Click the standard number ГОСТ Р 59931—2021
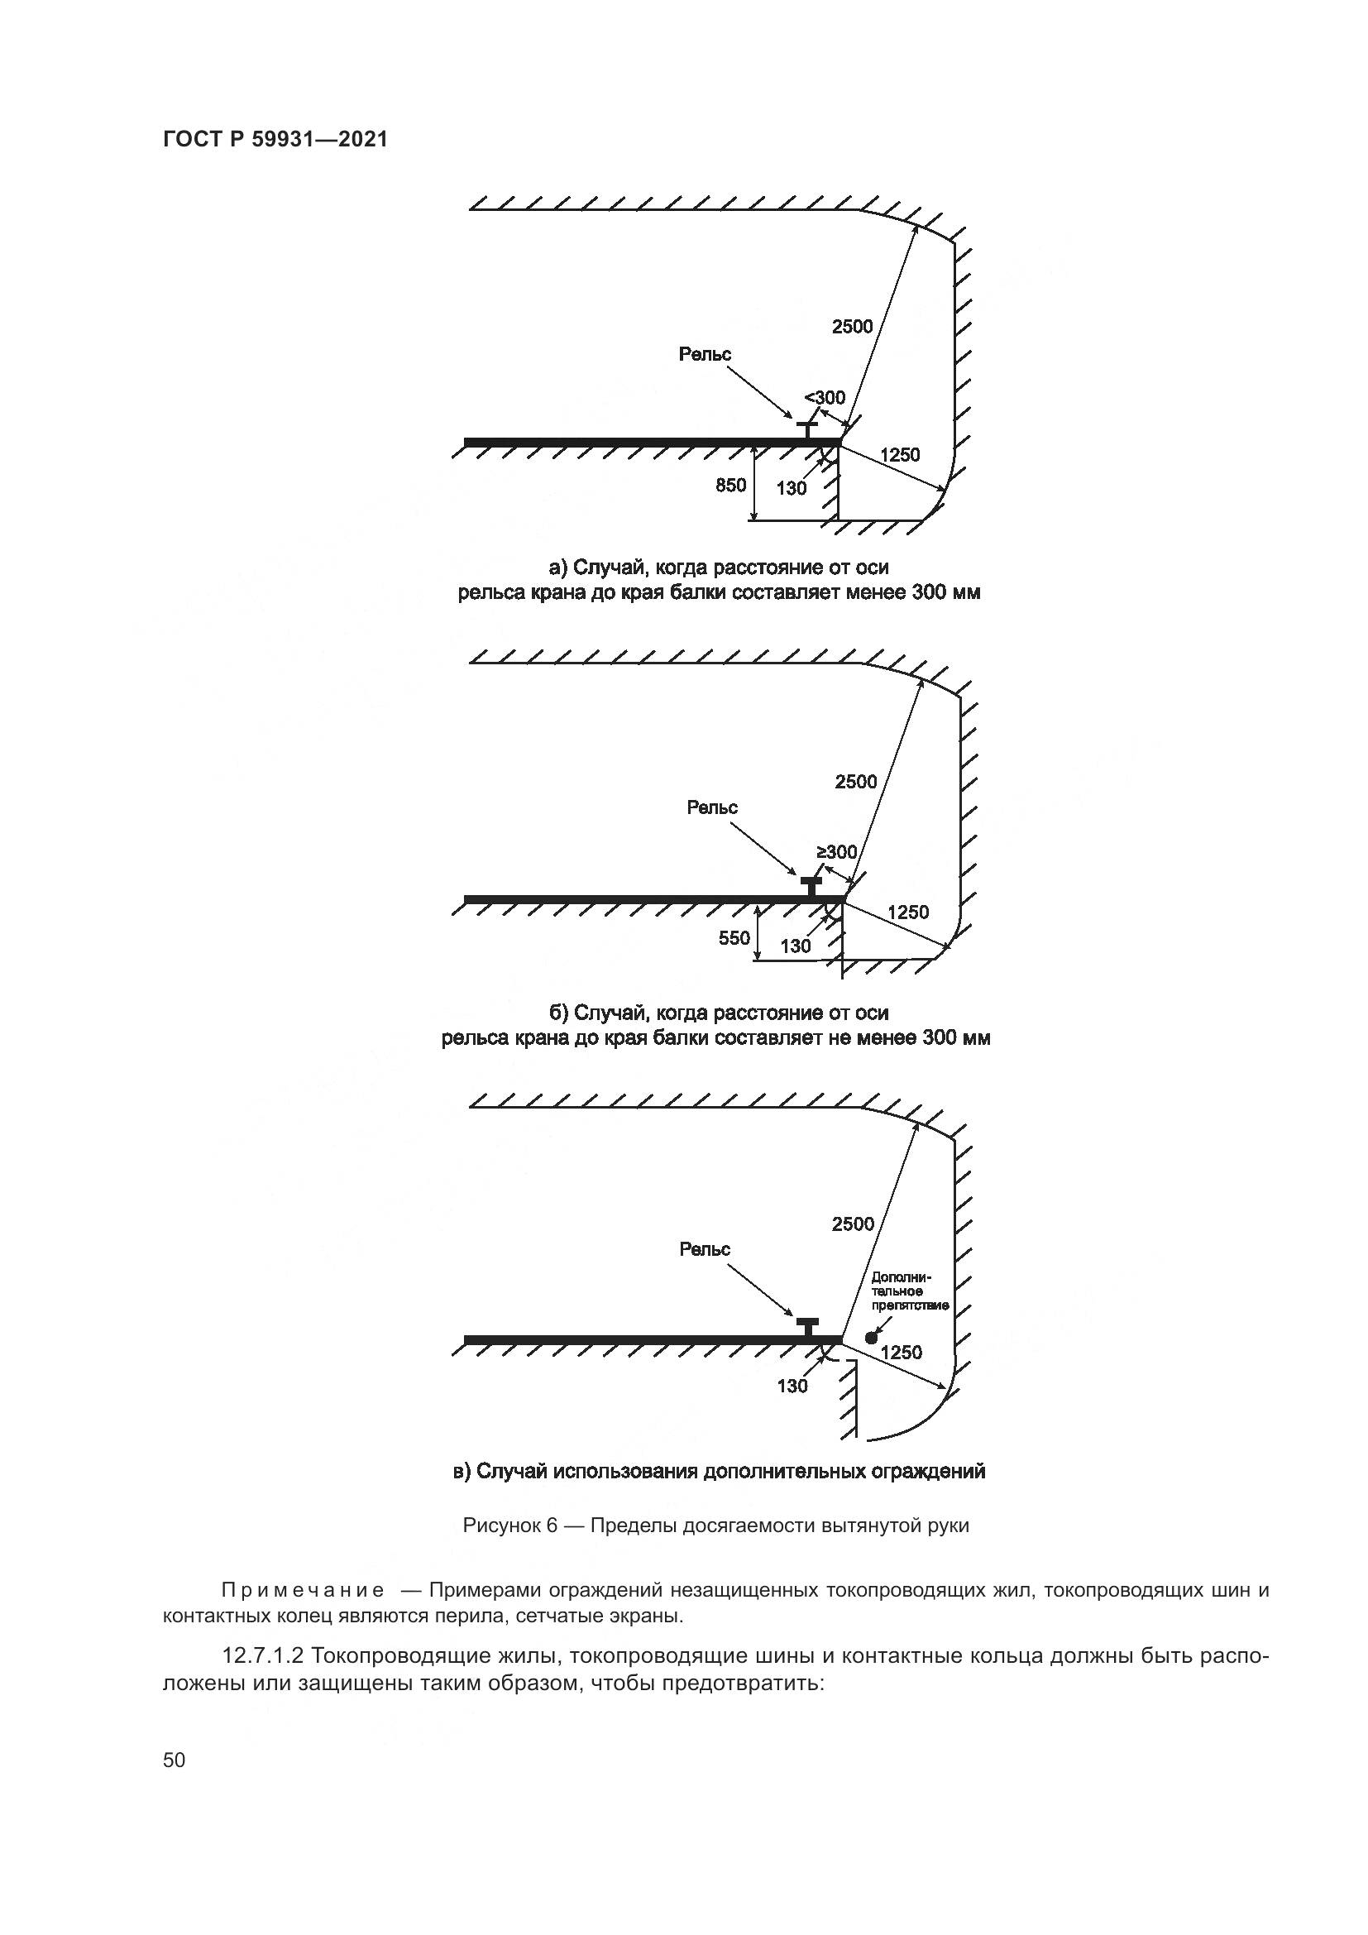pyautogui.click(x=275, y=140)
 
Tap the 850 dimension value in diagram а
pyautogui.click(x=730, y=485)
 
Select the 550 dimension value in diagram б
pyautogui.click(x=734, y=937)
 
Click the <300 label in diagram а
pyautogui.click(x=825, y=397)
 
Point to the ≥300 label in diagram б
pyautogui.click(x=835, y=852)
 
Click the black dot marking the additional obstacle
pyautogui.click(x=871, y=1338)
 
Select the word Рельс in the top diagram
pyautogui.click(x=705, y=354)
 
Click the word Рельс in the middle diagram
pyautogui.click(x=712, y=807)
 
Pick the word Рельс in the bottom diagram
pyautogui.click(x=705, y=1249)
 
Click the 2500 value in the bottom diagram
pyautogui.click(x=853, y=1224)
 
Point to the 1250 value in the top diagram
pyautogui.click(x=900, y=455)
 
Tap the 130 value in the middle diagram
pyautogui.click(x=795, y=946)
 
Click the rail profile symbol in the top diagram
pyautogui.click(x=807, y=429)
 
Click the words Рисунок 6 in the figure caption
pyautogui.click(x=510, y=1525)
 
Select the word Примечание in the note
pyautogui.click(x=304, y=1590)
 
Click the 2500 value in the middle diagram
pyautogui.click(x=856, y=781)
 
